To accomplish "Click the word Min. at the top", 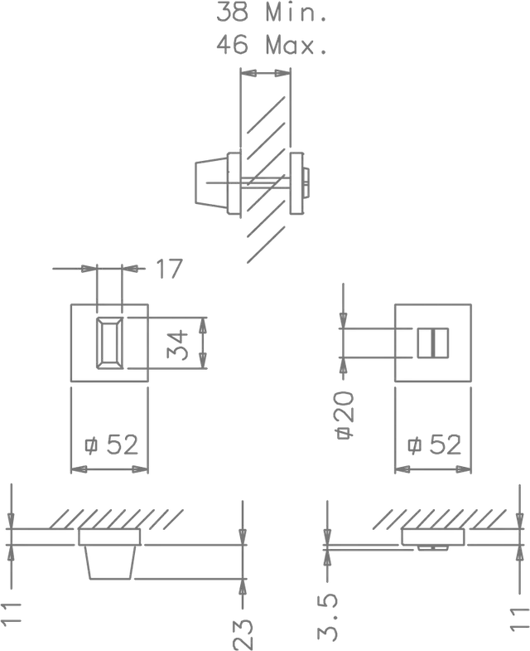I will pyautogui.click(x=297, y=12).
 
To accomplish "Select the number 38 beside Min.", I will pyautogui.click(x=234, y=12).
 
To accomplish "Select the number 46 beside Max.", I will pyautogui.click(x=234, y=44).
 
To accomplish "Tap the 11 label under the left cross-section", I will pyautogui.click(x=12, y=610).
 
